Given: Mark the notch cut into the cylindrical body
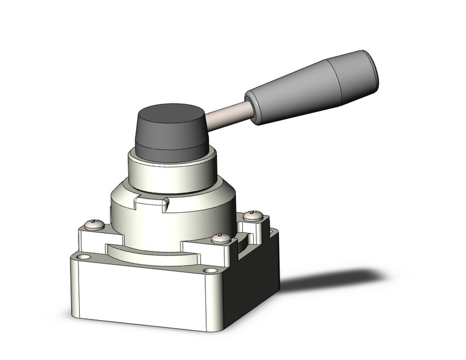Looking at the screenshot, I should click(151, 200).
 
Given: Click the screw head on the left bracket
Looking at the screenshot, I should click(95, 224).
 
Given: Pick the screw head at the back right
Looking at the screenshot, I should click(253, 215).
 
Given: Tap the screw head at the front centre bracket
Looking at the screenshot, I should click(221, 238).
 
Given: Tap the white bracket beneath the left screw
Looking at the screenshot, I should click(92, 239).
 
